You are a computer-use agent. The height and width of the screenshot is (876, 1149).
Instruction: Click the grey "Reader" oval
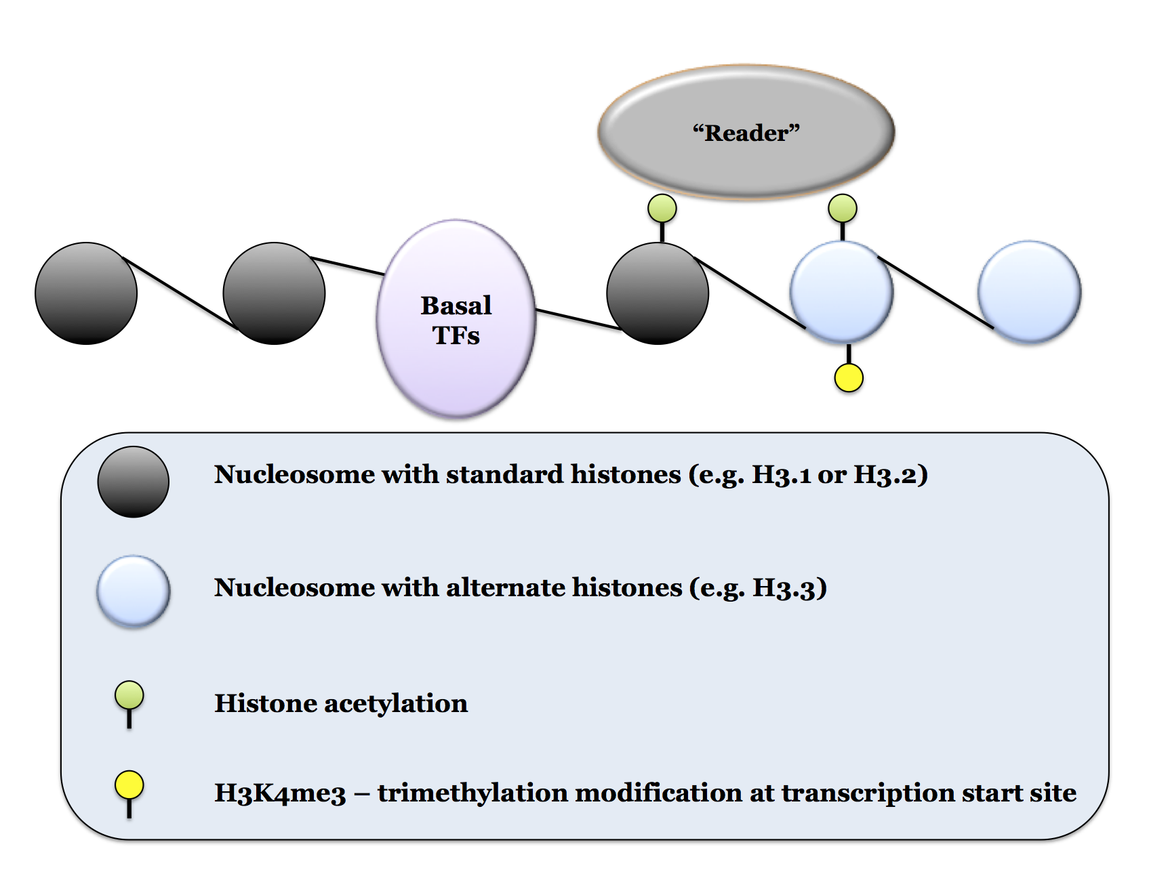coord(746,132)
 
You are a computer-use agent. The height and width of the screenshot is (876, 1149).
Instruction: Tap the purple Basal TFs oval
coord(456,318)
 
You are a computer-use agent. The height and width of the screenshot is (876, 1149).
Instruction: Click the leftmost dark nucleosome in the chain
coord(86,293)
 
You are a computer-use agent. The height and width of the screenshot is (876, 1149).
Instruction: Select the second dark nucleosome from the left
coord(274,293)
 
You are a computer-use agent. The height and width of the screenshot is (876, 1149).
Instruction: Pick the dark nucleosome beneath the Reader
coord(658,293)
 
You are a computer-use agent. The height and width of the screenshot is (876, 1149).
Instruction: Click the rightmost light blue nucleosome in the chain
coord(1029,291)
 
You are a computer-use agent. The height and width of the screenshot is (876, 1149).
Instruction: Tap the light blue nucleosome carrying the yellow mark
coord(841,291)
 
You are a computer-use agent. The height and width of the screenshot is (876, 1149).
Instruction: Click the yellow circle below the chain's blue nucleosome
coord(849,377)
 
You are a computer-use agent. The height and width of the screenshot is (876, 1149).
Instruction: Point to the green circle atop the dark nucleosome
coord(662,208)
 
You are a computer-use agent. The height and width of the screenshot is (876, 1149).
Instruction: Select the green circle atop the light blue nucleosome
coord(843,208)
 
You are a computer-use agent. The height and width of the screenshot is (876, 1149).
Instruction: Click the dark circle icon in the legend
coord(133,482)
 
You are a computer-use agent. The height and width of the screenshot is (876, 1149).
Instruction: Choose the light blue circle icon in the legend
coord(133,589)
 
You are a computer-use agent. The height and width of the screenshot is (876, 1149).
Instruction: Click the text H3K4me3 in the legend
coord(280,793)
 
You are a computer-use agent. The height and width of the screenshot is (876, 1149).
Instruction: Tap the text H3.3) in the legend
coord(790,587)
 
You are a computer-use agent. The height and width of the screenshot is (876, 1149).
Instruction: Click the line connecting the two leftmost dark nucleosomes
coord(180,293)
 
